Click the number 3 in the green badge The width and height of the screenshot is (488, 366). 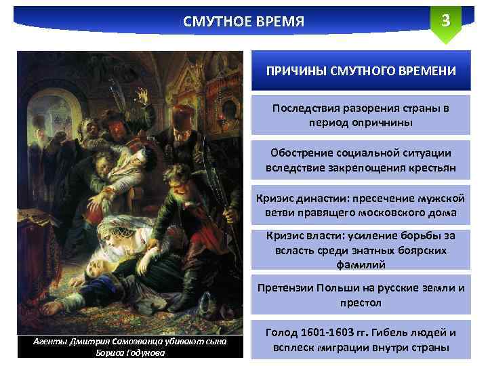point(445,20)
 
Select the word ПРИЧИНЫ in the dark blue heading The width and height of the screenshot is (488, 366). point(297,71)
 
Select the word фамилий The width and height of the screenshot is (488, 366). point(361,264)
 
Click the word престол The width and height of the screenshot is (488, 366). point(361,302)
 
